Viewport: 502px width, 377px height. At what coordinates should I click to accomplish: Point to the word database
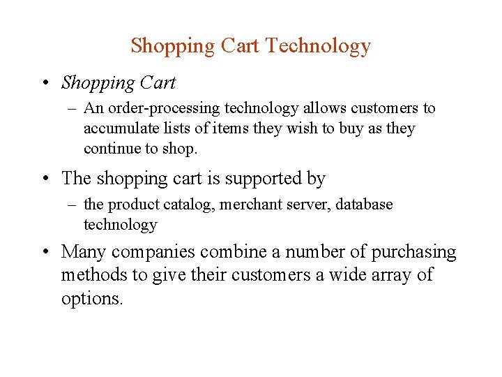click(x=363, y=205)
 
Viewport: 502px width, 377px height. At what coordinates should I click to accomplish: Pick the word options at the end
click(x=91, y=299)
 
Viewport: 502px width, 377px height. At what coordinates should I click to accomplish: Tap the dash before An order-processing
click(x=72, y=109)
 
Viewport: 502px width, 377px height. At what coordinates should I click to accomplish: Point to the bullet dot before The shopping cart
click(x=44, y=179)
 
